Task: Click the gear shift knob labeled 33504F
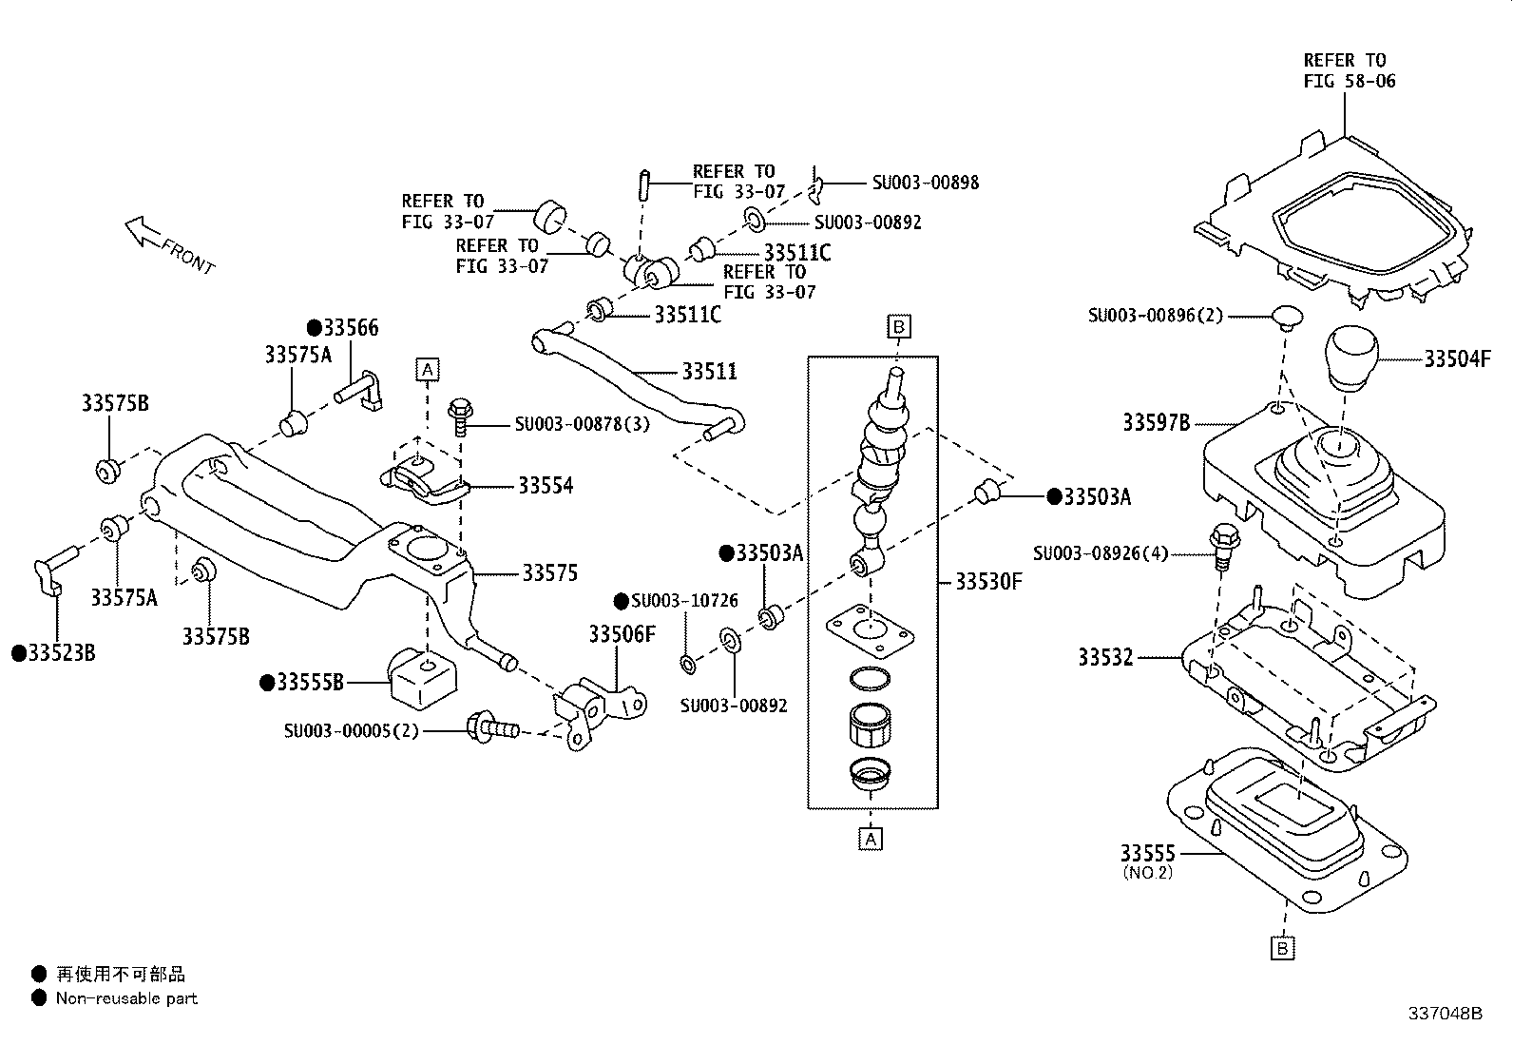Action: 1351,358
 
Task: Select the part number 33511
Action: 709,371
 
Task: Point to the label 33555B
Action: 308,682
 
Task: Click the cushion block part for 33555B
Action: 423,677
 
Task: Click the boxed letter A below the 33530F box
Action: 871,839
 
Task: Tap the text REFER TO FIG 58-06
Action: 1350,70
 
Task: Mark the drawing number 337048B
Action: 1445,1014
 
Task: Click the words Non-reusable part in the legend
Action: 126,998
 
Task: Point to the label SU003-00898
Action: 925,183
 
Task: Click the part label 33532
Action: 1105,657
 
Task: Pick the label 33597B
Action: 1156,422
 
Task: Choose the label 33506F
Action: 622,634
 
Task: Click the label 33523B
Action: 61,653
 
